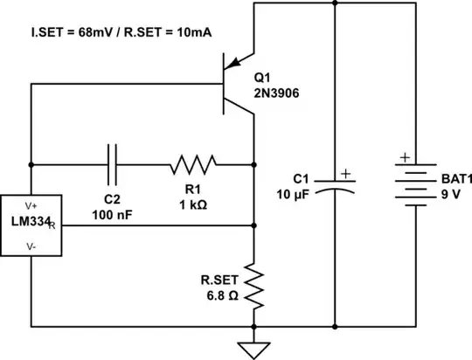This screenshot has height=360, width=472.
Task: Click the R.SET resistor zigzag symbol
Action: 253,286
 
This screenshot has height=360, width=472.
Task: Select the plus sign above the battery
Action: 404,159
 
